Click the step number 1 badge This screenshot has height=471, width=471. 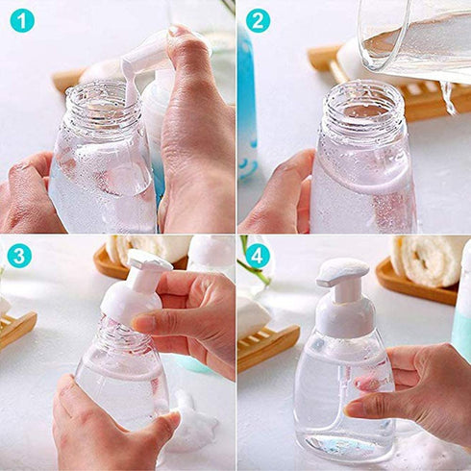[21, 20]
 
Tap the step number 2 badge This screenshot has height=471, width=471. [257, 20]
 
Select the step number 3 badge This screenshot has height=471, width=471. [19, 256]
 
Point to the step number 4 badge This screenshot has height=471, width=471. [257, 256]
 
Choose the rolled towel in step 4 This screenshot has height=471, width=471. [428, 260]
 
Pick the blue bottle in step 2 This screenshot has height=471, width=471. [247, 106]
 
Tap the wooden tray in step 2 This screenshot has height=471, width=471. [423, 96]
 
